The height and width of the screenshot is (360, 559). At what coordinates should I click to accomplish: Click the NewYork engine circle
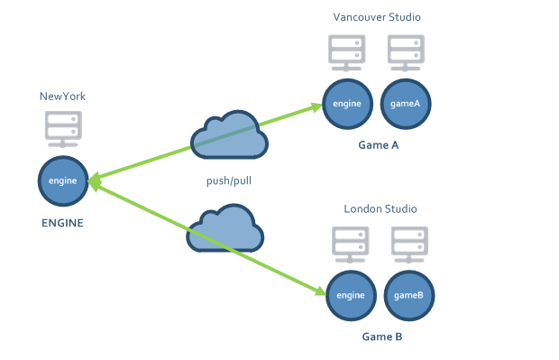coord(63,180)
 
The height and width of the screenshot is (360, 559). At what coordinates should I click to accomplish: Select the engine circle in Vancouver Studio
coord(348,104)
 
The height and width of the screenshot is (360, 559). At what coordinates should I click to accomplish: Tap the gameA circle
coord(406,104)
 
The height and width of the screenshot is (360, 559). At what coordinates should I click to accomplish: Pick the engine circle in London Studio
coord(351,295)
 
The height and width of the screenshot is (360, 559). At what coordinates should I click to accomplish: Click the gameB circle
coord(409,295)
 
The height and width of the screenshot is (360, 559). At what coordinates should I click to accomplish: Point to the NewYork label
coord(62,97)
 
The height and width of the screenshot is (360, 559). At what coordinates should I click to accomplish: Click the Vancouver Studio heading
coord(377,17)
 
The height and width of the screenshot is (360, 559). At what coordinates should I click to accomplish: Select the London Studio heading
coord(380,208)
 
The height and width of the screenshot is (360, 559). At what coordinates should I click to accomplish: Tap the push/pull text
coord(229,180)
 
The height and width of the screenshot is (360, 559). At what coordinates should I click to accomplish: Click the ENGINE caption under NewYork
coord(63,223)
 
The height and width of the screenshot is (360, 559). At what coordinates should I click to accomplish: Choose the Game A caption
coord(379,145)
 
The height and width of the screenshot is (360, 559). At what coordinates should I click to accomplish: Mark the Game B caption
coord(382,337)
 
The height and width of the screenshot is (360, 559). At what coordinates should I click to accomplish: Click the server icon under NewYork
coord(63,129)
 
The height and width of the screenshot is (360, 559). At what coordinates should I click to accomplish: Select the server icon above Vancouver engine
coord(347,53)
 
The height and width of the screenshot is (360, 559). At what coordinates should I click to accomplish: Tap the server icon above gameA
coord(406,53)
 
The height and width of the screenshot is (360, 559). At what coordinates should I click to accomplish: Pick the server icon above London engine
coord(351,245)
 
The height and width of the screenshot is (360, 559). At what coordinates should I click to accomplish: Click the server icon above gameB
coord(409,245)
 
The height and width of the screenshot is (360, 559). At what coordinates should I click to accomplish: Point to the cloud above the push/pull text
coord(230,134)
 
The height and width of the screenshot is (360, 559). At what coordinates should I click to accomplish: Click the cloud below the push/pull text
coord(225,228)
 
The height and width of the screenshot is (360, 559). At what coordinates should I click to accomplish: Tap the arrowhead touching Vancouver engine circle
coord(316,106)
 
